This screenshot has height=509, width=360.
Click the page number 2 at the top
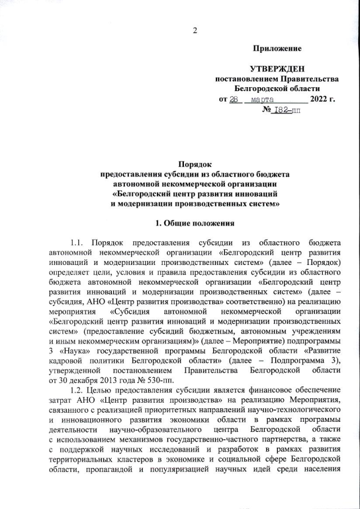click(x=195, y=30)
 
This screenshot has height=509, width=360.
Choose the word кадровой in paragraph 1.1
click(x=66, y=354)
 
